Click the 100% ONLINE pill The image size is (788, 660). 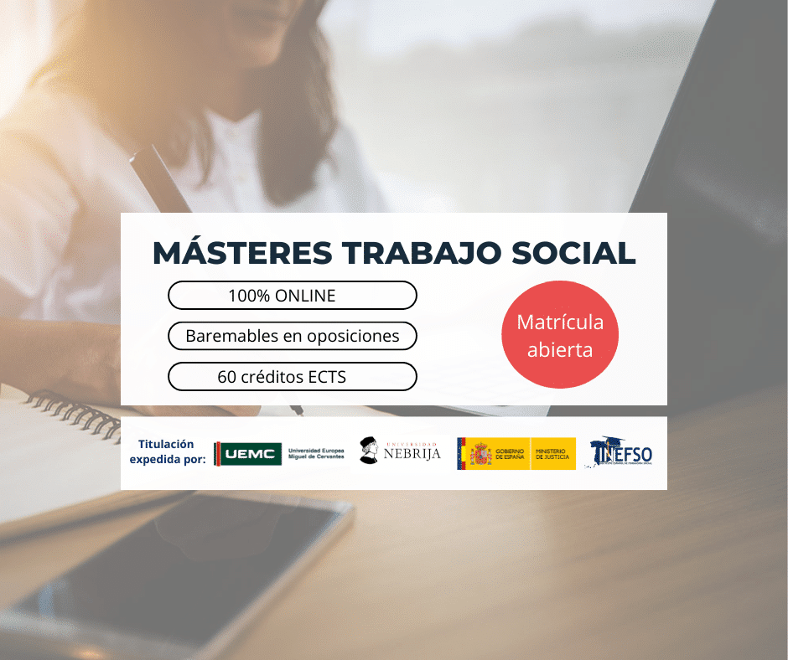[x=292, y=295]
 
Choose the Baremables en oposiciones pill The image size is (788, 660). [x=292, y=336]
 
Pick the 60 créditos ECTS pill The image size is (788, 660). [x=292, y=377]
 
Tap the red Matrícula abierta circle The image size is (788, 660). [x=560, y=335]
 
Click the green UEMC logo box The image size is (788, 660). [x=248, y=454]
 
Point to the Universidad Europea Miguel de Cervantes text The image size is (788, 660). [x=316, y=454]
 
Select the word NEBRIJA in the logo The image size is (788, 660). [x=412, y=454]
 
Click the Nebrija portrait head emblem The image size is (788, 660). [x=368, y=451]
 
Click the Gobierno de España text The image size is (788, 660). [x=510, y=454]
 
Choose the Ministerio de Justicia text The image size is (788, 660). [x=552, y=454]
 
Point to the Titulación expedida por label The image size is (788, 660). [x=167, y=451]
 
